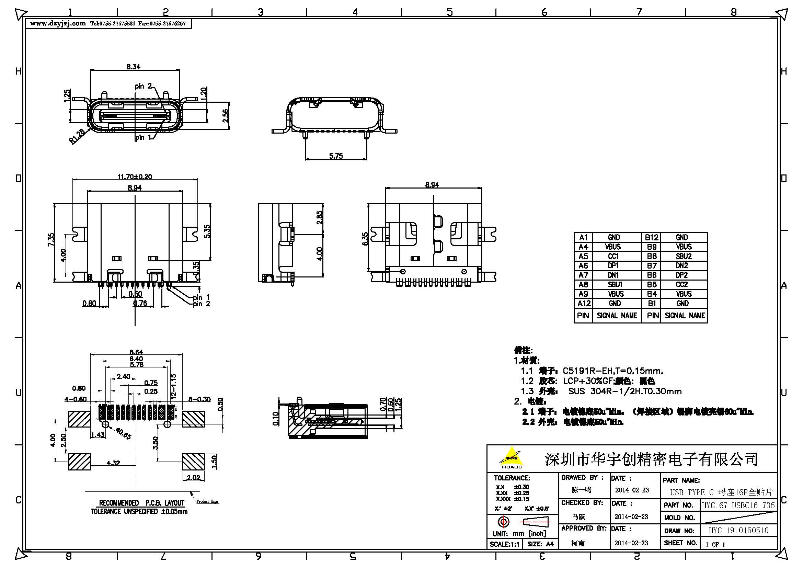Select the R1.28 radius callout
77,136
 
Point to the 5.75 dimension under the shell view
336,156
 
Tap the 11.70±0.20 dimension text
135,177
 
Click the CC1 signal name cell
614,257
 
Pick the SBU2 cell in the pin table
684,257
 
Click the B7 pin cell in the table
652,266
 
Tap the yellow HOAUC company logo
511,458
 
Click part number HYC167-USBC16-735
738,505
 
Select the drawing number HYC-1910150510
738,531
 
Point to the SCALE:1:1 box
504,544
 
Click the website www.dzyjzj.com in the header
58,23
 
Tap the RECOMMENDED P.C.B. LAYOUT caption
141,503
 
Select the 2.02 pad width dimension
193,477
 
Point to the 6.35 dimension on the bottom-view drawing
365,239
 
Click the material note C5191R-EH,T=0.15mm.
612,371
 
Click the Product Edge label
207,501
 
